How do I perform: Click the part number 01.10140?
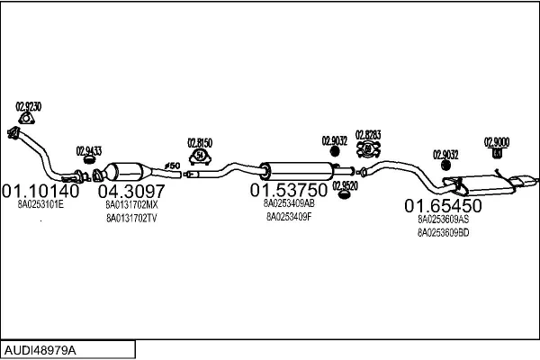[x=40, y=191]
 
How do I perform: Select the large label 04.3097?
[x=131, y=191]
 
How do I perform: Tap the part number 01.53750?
[x=289, y=191]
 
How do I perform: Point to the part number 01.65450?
[x=443, y=205]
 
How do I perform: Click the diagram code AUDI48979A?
[x=41, y=348]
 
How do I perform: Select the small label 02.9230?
[x=29, y=106]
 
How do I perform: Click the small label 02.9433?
[x=88, y=150]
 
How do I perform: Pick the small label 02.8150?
[x=200, y=142]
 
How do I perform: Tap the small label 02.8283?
[x=368, y=135]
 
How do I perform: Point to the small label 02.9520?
[x=345, y=185]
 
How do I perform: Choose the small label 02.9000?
[x=497, y=141]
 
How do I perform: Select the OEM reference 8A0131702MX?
[x=131, y=205]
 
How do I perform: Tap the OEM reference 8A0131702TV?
[x=131, y=218]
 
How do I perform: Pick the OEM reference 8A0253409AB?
[x=289, y=204]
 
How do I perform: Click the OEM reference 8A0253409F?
[x=289, y=217]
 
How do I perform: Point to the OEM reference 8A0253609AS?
[x=443, y=219]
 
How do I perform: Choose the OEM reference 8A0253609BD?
[x=443, y=232]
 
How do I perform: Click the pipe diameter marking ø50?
[x=172, y=166]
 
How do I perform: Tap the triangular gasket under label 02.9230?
[x=29, y=118]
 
